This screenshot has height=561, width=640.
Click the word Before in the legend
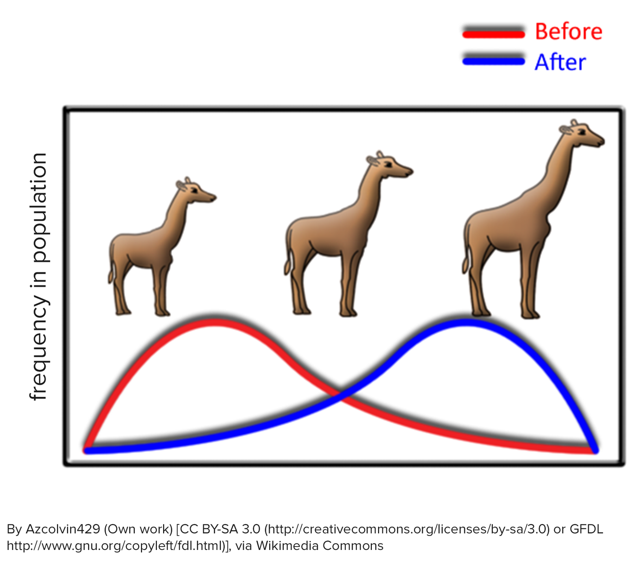pos(568,32)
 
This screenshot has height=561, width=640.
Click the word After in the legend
pos(560,62)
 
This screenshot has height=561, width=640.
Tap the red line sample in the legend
pos(493,34)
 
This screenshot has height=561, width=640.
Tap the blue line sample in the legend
pos(493,61)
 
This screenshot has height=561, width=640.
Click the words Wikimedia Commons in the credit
pos(320,546)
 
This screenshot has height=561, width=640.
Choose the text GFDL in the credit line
pos(586,529)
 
